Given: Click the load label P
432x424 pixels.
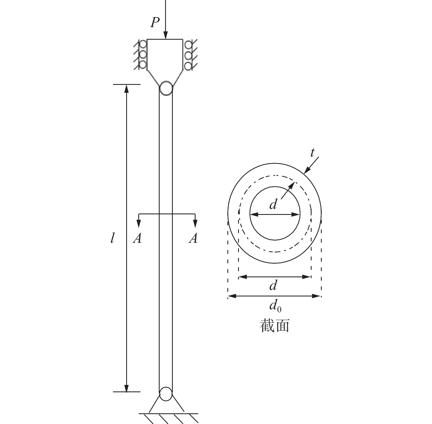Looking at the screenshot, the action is tap(155, 23).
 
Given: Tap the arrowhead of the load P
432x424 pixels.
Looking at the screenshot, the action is tap(165, 36).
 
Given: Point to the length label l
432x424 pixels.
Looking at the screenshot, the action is tap(112, 238).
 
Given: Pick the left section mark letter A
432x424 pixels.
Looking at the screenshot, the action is tap(137, 238).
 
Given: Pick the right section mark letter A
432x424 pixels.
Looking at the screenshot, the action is tap(193, 238).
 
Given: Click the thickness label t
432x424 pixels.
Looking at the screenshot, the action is tap(312, 153).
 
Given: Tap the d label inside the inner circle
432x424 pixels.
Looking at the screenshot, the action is tap(273, 204).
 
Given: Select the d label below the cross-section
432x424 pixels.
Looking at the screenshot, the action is tap(273, 285).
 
